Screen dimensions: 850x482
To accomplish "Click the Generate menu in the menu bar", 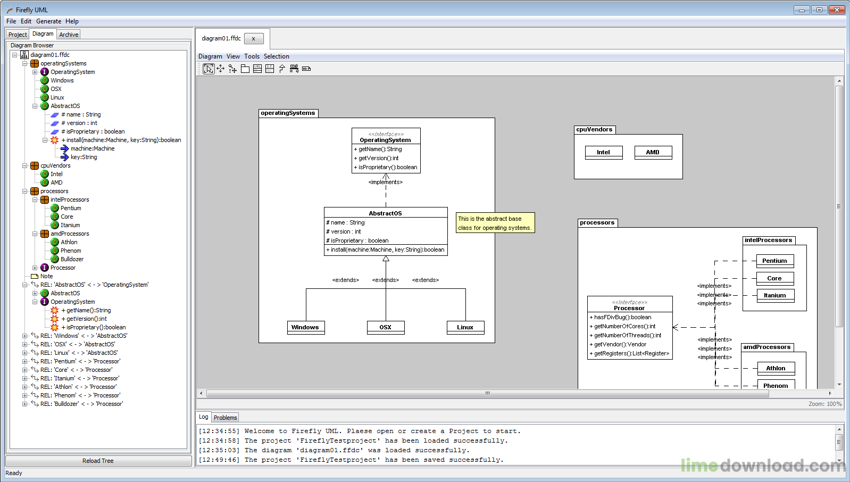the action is point(48,21).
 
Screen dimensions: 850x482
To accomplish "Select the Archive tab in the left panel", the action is point(69,35).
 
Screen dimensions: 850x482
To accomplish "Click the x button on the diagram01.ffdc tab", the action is point(254,38).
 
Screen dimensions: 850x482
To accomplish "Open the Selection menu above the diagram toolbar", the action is point(276,56).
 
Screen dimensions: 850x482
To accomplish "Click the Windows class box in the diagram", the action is point(305,328).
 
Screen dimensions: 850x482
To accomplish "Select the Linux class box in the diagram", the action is point(465,328).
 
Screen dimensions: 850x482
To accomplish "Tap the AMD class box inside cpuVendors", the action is point(653,153).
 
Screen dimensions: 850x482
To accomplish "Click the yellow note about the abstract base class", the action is point(495,223).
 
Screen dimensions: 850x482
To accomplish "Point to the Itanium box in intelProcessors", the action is point(775,296).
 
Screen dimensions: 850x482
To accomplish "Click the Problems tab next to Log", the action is point(225,418).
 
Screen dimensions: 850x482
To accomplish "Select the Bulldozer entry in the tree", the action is point(72,259).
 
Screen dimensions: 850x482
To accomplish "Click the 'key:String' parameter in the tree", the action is point(84,157).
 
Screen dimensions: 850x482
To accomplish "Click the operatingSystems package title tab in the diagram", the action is point(288,113).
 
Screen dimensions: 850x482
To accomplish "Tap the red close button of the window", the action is point(836,10).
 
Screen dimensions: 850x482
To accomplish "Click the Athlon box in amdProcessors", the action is point(776,368).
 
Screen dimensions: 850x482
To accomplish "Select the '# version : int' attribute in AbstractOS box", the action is point(344,231).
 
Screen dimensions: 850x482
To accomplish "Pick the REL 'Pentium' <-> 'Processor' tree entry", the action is point(80,361).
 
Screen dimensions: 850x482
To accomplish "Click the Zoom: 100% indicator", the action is point(825,404).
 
